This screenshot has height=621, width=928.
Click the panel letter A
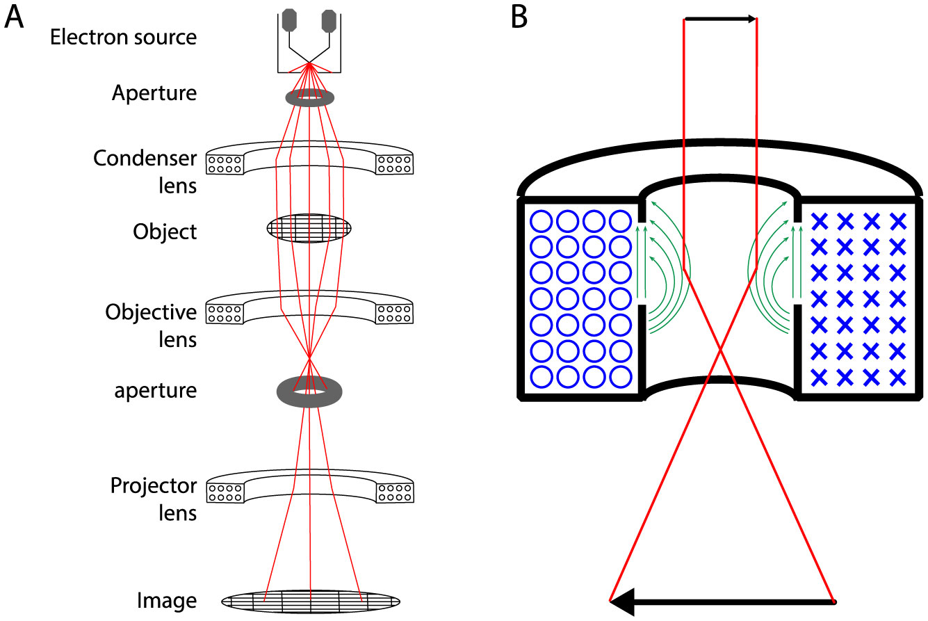(15, 17)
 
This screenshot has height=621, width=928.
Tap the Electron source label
(123, 38)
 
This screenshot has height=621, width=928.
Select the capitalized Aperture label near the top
(154, 93)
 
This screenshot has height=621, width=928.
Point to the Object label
(165, 232)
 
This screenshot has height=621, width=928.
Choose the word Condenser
(145, 159)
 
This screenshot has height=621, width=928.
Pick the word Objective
(152, 313)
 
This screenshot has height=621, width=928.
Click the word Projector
(154, 485)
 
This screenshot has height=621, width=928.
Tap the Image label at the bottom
(167, 600)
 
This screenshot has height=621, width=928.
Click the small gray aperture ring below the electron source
(309, 99)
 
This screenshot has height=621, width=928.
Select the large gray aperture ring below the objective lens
(309, 391)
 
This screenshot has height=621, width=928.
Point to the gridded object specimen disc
(310, 228)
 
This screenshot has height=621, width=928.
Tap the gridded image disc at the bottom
(310, 600)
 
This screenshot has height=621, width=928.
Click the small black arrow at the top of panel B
(720, 19)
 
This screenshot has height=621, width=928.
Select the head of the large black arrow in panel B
(621, 601)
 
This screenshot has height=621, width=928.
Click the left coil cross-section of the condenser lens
(225, 164)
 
